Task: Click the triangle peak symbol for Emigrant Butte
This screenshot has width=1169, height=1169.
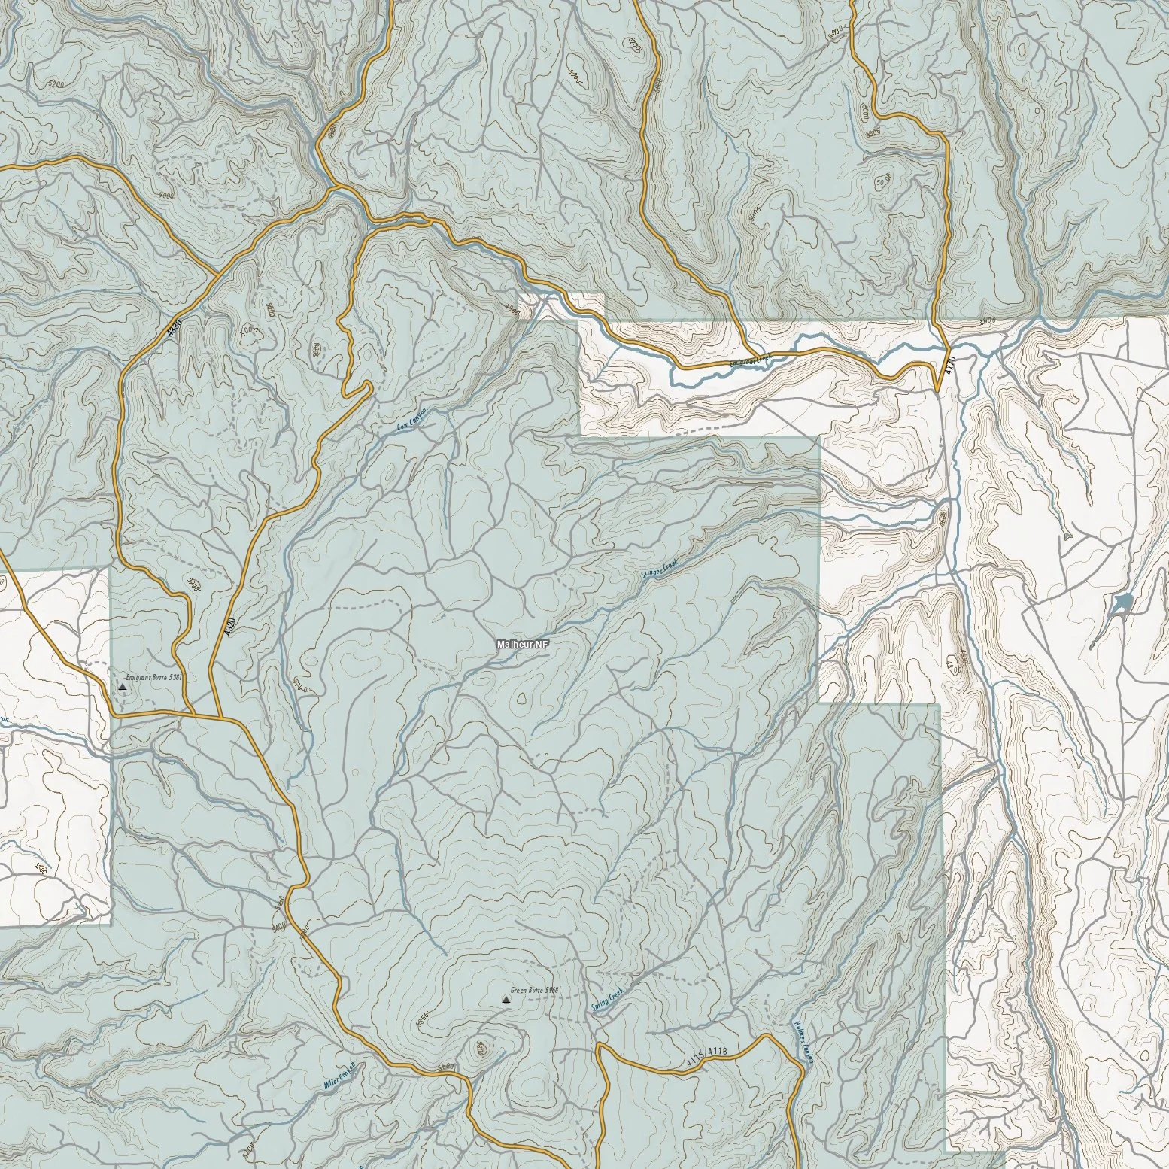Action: tap(123, 687)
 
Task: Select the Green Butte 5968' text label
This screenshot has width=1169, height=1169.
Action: tap(536, 991)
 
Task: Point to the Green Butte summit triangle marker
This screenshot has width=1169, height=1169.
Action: tap(506, 1000)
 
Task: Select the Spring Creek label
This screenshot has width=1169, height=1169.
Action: tap(608, 1000)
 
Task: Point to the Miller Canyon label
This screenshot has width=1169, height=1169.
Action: tap(339, 1075)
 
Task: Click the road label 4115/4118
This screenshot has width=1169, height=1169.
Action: tap(707, 1058)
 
